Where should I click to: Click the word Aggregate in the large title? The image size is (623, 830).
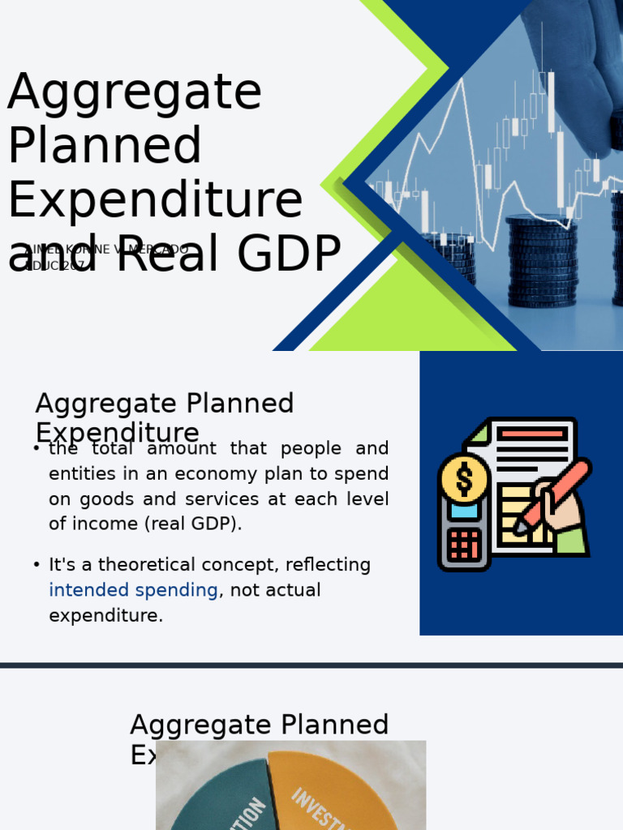pos(135,93)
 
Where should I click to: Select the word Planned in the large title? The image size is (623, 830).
pos(105,147)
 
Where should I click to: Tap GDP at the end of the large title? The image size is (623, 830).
pos(289,254)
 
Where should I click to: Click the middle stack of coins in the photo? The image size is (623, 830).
pos(541,259)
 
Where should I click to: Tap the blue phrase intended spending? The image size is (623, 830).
pos(133,590)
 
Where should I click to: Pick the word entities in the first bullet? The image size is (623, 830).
pos(79,473)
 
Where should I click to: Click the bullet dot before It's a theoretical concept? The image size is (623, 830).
pos(37,565)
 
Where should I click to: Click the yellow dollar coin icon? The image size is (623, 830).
pos(464,478)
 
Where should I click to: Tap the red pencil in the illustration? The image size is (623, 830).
pos(557,491)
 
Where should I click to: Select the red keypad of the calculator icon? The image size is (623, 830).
pos(464,544)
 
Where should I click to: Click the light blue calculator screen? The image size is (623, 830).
pos(464,511)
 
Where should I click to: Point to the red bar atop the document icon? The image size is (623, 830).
pos(532,434)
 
